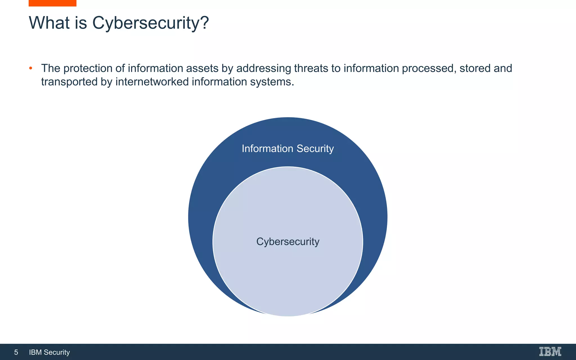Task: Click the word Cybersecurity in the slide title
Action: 146,23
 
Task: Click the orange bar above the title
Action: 52,3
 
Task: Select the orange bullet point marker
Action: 31,68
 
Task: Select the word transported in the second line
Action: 69,82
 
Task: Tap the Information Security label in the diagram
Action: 288,148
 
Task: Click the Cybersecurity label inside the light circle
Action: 288,242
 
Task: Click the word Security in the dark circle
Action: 315,148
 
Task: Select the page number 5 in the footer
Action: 16,352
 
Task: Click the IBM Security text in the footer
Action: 49,352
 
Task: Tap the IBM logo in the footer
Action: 550,352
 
